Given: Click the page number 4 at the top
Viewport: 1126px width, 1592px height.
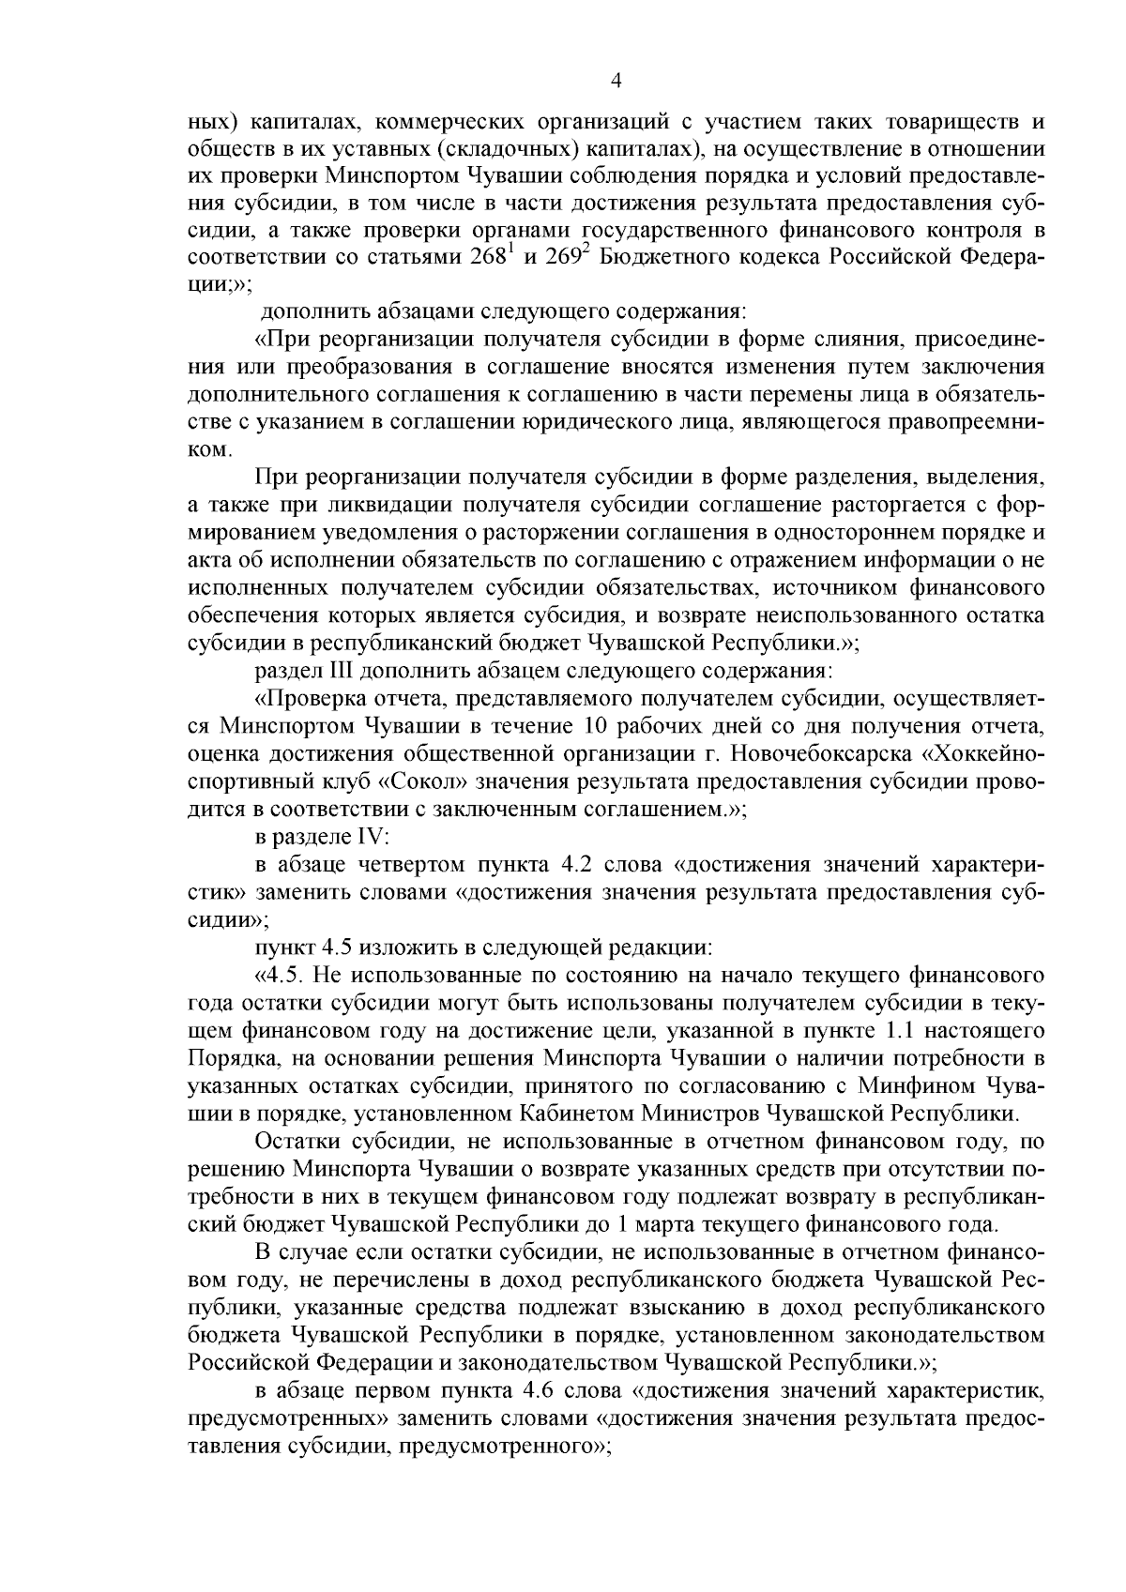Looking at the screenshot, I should (616, 82).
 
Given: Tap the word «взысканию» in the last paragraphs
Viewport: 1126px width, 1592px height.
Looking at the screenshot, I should (727, 1307).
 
